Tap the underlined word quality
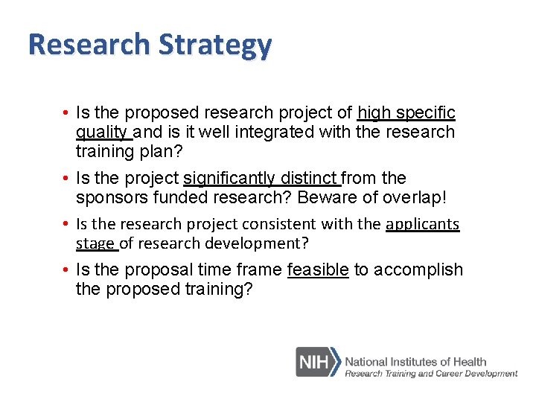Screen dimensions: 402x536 pos(103,133)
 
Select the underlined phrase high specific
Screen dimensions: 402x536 pos(406,113)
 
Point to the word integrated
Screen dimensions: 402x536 pos(256,133)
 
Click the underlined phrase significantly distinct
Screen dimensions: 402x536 pos(261,179)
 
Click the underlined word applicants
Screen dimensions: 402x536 pos(423,225)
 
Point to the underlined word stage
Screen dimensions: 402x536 pos(96,244)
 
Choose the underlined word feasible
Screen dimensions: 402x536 pos(318,270)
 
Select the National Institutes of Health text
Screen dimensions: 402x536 pos(415,362)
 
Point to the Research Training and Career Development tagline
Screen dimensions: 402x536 pos(430,374)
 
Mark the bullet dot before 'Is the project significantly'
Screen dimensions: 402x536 pos(66,179)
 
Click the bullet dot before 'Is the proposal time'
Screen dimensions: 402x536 pos(66,270)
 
